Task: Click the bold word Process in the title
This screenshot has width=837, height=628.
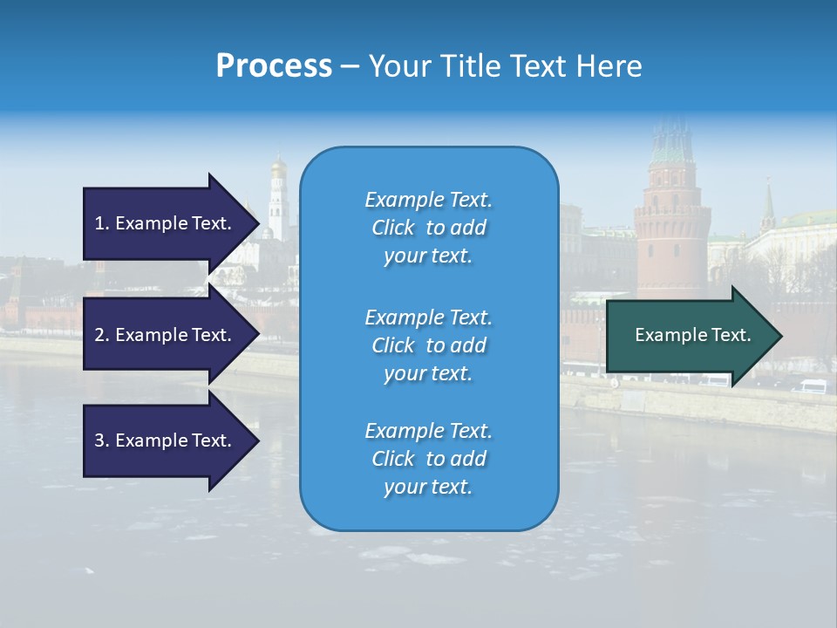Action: click(x=274, y=66)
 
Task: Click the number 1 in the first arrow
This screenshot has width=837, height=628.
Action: click(x=99, y=223)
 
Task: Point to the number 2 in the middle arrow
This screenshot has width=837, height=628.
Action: click(x=100, y=335)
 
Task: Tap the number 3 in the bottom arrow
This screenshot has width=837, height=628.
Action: click(x=100, y=440)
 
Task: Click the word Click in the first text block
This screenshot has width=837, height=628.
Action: click(x=393, y=228)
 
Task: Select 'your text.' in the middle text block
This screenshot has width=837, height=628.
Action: click(x=428, y=373)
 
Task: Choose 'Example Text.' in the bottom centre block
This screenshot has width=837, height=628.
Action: click(x=428, y=431)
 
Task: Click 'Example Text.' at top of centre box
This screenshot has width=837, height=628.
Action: click(x=428, y=200)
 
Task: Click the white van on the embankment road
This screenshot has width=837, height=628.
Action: click(x=812, y=386)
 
